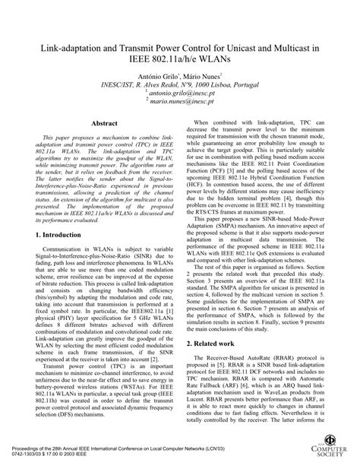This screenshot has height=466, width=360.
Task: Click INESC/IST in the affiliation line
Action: [118, 84]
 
